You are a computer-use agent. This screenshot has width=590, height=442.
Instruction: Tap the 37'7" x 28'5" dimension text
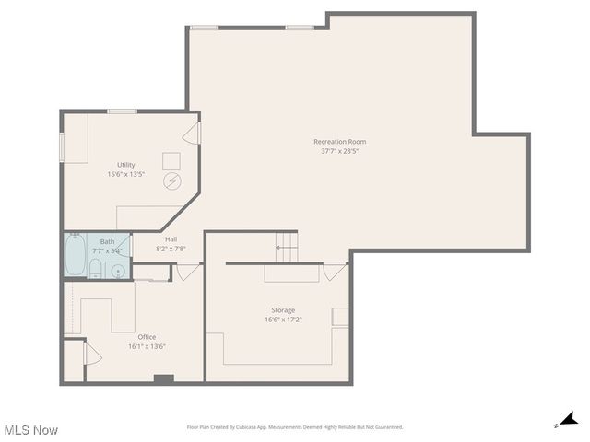340,150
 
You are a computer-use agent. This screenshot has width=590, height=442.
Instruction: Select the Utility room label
126,164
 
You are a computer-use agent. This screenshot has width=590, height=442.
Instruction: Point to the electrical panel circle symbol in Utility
172,180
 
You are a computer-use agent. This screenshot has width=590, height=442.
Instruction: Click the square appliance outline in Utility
172,160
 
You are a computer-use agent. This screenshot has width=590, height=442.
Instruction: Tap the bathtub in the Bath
75,256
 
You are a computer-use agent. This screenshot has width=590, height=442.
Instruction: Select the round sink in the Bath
116,270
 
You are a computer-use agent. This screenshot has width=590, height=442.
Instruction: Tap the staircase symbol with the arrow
288,247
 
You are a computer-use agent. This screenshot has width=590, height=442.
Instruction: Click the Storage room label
283,310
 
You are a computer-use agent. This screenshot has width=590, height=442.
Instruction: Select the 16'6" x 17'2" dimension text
283,320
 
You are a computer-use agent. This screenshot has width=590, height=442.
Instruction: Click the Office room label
147,337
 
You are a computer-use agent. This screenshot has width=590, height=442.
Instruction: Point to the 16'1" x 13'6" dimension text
147,346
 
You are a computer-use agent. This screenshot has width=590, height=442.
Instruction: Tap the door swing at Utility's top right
192,134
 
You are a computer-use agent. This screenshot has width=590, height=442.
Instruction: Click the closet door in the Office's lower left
91,354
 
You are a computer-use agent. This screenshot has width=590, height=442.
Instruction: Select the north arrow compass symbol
570,420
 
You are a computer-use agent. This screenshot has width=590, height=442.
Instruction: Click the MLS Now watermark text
31,430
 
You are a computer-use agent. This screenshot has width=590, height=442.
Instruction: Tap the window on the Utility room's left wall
63,145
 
